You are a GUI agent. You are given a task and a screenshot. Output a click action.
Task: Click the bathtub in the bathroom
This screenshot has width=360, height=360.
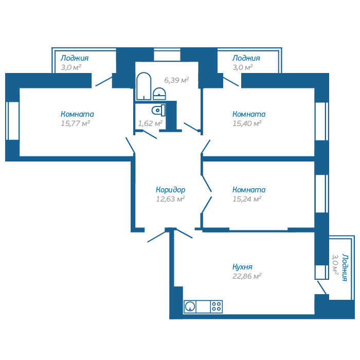pos(143,86)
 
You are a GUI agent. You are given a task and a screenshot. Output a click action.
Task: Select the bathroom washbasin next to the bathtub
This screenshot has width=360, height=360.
pos(160,93)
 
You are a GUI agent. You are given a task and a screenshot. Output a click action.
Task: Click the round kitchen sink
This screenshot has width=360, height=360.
pos(191,307)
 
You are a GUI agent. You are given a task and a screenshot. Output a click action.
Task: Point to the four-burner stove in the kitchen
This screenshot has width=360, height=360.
pos(217,307)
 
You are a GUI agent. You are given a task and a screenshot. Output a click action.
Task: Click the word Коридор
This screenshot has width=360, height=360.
pos(171,190)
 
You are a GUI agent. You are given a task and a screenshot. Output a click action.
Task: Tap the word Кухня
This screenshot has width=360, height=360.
pos(242,267)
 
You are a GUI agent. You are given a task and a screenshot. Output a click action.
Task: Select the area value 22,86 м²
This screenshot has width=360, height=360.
pos(247,276)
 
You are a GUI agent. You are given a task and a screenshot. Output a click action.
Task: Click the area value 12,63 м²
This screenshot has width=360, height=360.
pos(170,199)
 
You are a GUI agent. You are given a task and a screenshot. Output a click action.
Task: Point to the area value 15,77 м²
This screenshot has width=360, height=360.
pos(75,123)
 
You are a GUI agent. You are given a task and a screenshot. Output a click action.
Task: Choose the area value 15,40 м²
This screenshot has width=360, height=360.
pos(247,123)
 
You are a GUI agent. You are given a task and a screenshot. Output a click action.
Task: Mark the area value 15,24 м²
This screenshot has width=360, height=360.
pos(247,199)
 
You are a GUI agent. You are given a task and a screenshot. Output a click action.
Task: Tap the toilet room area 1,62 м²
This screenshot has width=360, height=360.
pos(150,123)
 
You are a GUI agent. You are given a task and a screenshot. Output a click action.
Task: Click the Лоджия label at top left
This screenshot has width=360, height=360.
pos(75,58)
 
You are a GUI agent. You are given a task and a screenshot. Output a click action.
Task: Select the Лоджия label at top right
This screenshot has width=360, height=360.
pos(246,58)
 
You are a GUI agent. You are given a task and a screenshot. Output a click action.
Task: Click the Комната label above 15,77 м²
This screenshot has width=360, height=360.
pos(77,114)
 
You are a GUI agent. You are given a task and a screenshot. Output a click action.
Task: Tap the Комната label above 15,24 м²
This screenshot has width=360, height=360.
pos(249,190)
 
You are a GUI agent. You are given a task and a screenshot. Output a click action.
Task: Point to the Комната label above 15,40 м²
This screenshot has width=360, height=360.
pos(249,114)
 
